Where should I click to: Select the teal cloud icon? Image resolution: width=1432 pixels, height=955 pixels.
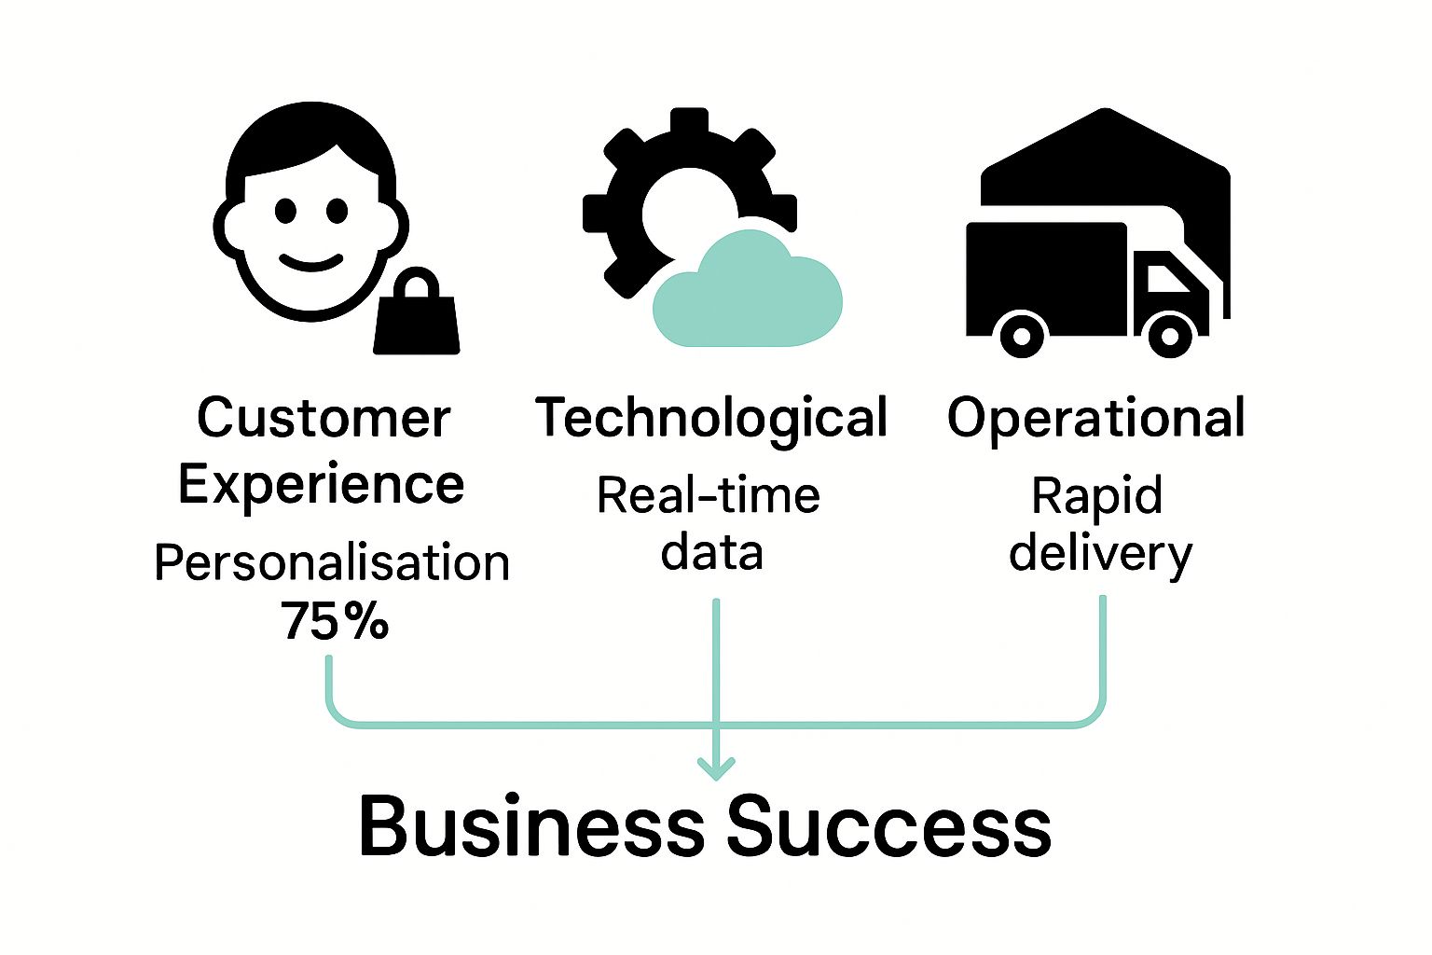(747, 292)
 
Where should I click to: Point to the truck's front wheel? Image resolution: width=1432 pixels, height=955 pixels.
(1170, 334)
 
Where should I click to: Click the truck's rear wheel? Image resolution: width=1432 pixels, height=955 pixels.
(1022, 334)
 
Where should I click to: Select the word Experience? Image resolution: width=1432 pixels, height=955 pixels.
(321, 484)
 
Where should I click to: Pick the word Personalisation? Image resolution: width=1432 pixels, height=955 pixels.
(332, 562)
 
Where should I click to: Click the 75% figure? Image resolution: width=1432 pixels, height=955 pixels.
(335, 620)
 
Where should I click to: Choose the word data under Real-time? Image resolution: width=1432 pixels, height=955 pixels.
(712, 552)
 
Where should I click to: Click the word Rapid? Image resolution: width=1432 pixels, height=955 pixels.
(1097, 495)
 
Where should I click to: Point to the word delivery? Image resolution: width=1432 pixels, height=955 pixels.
(1100, 553)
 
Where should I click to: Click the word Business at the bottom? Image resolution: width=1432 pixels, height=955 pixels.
(531, 826)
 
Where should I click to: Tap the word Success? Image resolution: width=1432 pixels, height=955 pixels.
(889, 826)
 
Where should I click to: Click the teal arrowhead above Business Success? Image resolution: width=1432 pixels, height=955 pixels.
(716, 768)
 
